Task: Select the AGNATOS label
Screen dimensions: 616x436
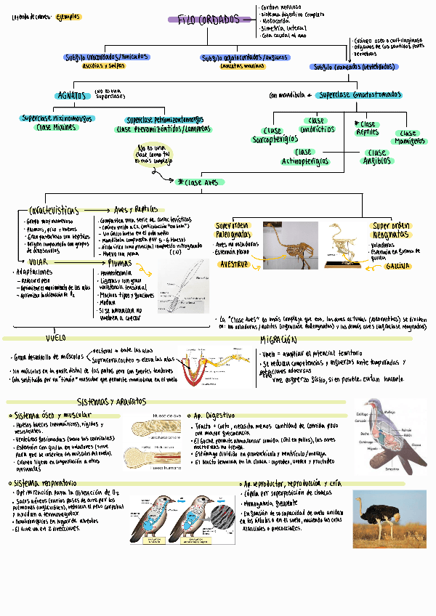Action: (73, 95)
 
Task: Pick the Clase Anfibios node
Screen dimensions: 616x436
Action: (377, 158)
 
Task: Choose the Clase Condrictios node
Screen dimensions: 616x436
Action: (317, 125)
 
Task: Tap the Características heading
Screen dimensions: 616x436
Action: (54, 209)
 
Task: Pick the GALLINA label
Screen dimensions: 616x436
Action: (400, 266)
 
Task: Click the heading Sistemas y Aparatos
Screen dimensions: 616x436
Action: (110, 402)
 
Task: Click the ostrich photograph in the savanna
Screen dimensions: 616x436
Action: (389, 516)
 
